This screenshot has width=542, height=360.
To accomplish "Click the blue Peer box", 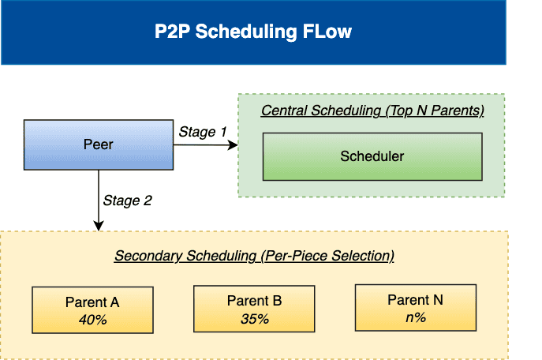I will coord(99,144).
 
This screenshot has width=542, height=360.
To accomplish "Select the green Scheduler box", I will coord(372,156).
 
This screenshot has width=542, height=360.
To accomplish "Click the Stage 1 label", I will coord(203,132).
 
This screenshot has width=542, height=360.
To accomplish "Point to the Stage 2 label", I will coord(126,201).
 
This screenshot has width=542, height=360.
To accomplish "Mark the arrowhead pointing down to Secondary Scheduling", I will coord(99,226).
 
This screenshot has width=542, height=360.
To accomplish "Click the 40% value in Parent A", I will coord(92,320).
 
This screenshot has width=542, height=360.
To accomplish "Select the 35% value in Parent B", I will coord(254,319).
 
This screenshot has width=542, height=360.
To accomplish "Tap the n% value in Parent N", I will coord(416,317).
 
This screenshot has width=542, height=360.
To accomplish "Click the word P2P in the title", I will coord(174,32).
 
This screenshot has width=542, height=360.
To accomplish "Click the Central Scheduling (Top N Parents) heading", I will coord(372,111).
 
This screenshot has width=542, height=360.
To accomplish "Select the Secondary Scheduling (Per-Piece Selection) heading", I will coord(254,256).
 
